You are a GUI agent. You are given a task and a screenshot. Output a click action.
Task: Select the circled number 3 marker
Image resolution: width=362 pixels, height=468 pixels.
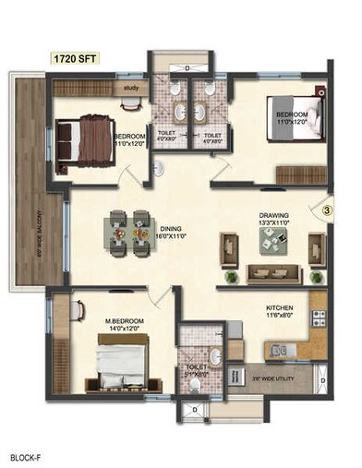[x=326, y=210]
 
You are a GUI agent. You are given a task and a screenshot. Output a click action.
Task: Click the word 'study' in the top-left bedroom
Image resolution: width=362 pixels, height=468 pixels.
[x=129, y=89]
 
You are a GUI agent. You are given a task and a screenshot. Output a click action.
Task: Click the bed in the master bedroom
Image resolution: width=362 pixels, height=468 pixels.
[x=115, y=362]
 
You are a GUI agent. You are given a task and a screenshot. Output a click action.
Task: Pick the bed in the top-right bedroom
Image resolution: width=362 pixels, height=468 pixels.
[x=293, y=119]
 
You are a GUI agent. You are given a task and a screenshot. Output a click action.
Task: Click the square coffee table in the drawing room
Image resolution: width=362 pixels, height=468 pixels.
[x=274, y=242]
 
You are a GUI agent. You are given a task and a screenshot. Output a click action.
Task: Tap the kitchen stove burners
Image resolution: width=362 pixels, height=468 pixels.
[x=319, y=318]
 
